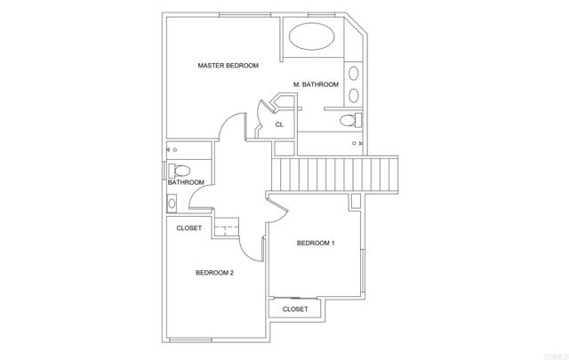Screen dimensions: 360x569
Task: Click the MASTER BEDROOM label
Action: [x=228, y=66]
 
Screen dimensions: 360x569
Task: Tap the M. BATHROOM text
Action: [x=316, y=84]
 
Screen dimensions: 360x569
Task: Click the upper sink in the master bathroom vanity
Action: [x=354, y=74]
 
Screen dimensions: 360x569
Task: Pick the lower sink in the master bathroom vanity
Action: [x=354, y=93]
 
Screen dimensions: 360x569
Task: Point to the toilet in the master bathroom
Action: [x=353, y=120]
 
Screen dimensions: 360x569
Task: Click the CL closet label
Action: [x=279, y=124]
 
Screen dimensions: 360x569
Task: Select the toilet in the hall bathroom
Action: [x=180, y=169]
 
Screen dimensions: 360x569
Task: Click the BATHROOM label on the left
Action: [x=186, y=182]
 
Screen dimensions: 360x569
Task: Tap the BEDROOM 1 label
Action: [x=316, y=243]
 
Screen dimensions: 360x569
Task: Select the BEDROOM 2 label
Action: [x=214, y=273]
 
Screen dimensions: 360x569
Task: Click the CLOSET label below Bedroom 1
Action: [x=295, y=309]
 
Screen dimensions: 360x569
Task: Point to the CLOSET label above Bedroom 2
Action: [x=188, y=228]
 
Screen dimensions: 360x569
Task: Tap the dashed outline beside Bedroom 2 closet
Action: [x=228, y=228]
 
